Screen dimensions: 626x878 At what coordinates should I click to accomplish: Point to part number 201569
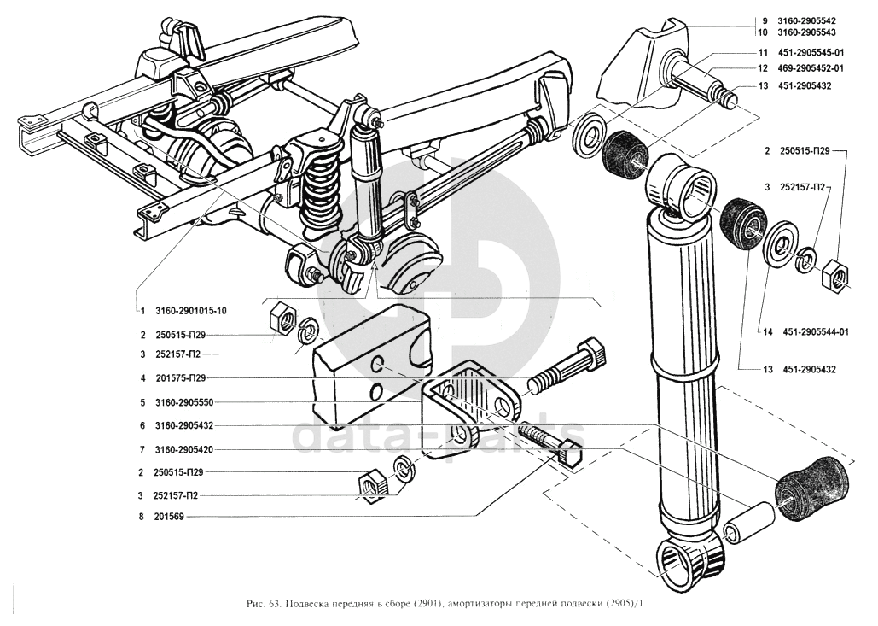point(172,516)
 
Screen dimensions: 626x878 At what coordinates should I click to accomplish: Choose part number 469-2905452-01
point(811,68)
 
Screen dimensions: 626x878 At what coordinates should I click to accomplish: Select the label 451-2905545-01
point(811,52)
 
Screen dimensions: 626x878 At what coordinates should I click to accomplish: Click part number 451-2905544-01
point(811,333)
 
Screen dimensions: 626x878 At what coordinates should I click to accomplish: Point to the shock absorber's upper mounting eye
point(683,184)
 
